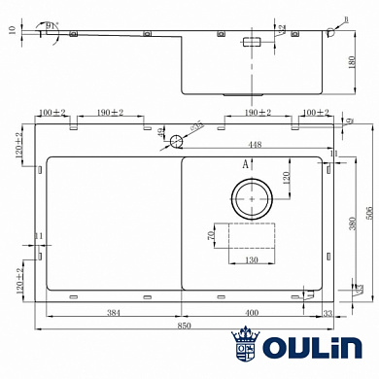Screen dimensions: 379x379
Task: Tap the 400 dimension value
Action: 252,313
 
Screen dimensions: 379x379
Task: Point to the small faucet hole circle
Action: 176,142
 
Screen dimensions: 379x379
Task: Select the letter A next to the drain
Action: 245,165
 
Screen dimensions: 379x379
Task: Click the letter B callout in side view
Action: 347,17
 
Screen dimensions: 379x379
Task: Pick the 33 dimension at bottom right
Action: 327,313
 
